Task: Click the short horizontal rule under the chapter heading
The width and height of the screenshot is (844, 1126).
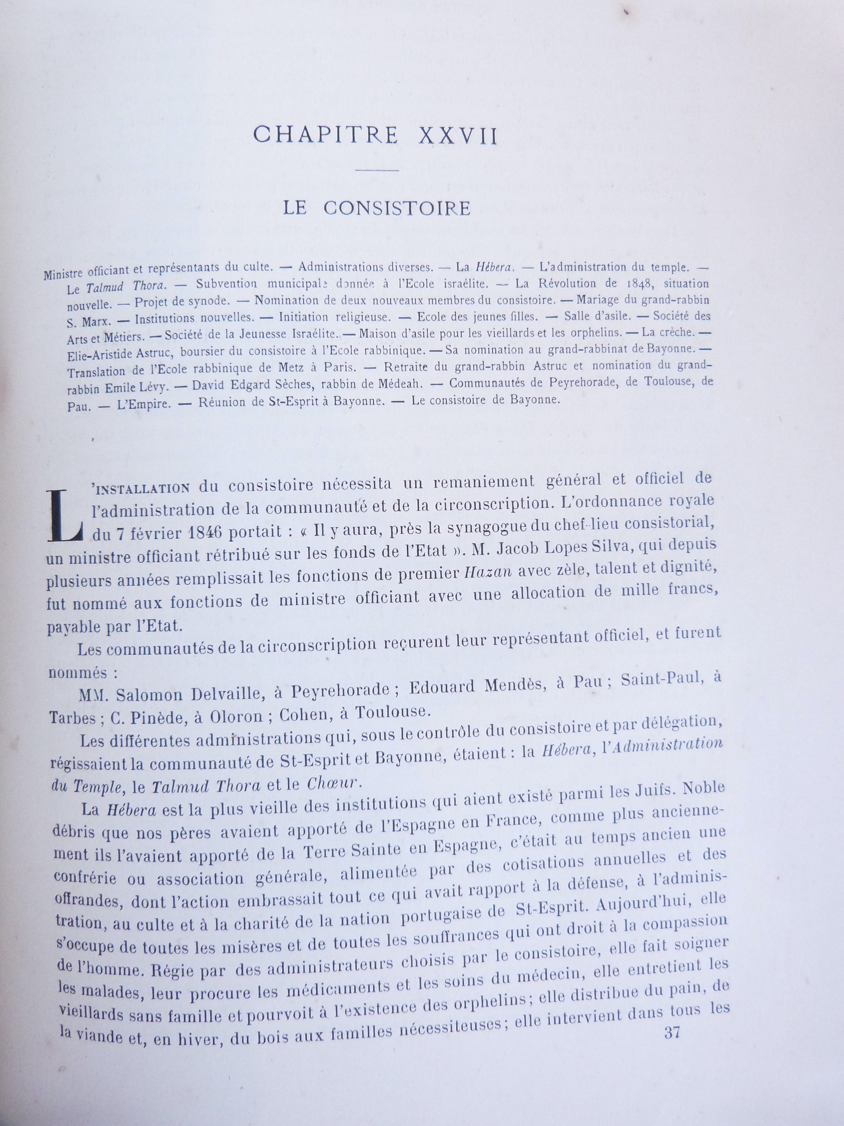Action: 376,171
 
